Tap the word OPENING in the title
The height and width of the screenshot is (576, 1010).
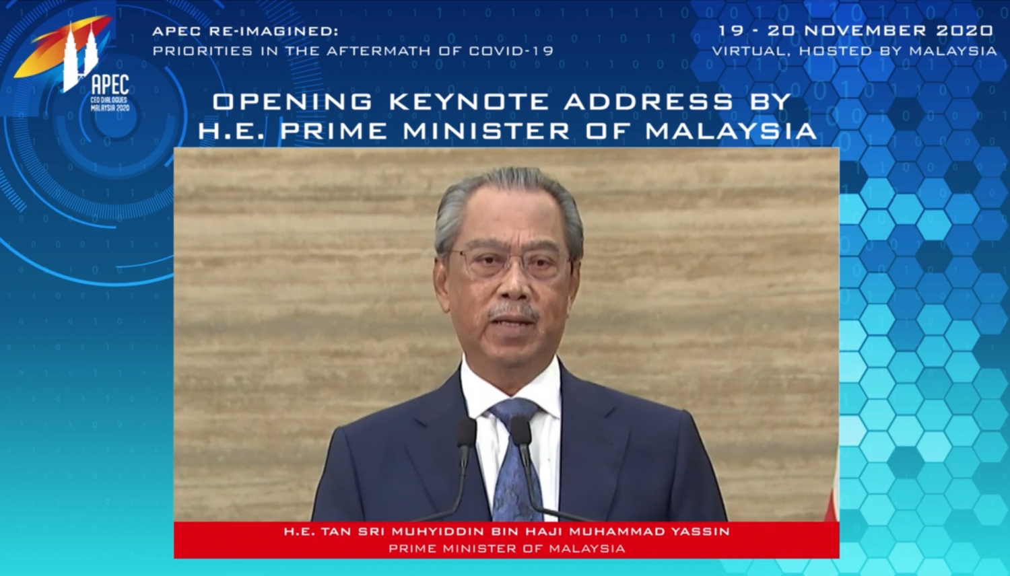[292, 102]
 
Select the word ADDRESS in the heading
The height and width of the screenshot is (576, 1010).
[648, 102]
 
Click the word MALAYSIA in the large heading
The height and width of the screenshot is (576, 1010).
[731, 131]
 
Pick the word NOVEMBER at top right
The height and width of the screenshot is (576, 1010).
[866, 31]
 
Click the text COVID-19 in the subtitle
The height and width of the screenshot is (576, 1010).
[511, 51]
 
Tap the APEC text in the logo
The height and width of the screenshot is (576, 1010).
[110, 85]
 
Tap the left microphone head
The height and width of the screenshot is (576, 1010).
[467, 433]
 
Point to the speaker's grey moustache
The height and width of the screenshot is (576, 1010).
[513, 312]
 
